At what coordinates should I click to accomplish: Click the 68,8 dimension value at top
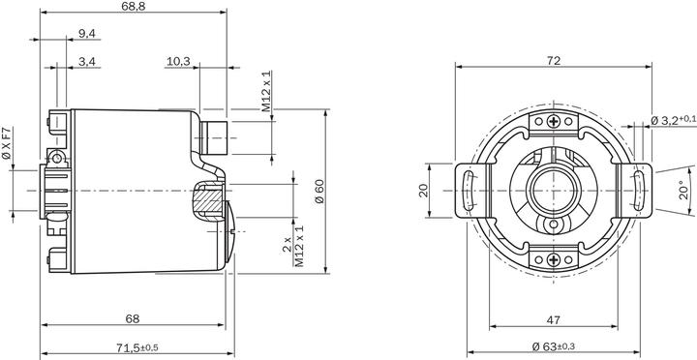pyautogui.click(x=135, y=7)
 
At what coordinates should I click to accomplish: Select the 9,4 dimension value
pyautogui.click(x=86, y=35)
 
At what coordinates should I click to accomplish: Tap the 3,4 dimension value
pyautogui.click(x=86, y=62)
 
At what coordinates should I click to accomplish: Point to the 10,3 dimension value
pyautogui.click(x=178, y=62)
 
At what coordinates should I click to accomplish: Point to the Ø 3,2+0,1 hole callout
pyautogui.click(x=673, y=120)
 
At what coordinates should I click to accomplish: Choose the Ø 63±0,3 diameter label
pyautogui.click(x=554, y=346)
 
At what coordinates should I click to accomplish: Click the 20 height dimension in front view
pyautogui.click(x=423, y=191)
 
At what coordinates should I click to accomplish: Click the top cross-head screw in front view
pyautogui.click(x=553, y=121)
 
